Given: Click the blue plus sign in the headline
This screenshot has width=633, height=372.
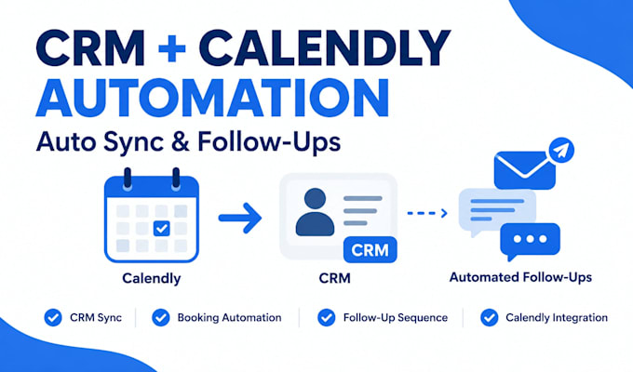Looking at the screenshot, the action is [x=171, y=48].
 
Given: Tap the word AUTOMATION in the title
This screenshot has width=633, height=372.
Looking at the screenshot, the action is [x=212, y=98].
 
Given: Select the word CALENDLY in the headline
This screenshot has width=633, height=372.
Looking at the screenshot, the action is [x=324, y=48].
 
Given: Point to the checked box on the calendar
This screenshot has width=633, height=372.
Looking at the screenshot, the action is [x=161, y=229].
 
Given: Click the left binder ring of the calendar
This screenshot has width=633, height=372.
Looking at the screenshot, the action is [x=128, y=178].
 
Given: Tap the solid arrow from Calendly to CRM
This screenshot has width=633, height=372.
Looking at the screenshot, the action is [x=240, y=218].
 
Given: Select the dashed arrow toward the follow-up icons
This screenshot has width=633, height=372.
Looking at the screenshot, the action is [x=427, y=213].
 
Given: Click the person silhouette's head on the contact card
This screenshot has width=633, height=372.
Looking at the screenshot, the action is [x=315, y=199].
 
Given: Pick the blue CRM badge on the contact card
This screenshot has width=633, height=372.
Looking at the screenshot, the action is [x=370, y=250].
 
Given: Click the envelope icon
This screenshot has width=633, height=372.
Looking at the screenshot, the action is [x=524, y=170].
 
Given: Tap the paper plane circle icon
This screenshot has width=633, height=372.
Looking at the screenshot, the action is [x=561, y=150].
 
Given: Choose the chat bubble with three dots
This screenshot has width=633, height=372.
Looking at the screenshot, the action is [x=530, y=242].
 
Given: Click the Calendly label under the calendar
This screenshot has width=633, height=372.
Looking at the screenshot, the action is [x=152, y=278].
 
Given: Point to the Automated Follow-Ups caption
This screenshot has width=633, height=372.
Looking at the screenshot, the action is [x=520, y=277].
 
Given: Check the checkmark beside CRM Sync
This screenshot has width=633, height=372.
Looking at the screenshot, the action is [x=53, y=317].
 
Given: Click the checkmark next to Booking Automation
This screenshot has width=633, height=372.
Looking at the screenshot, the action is [x=161, y=317].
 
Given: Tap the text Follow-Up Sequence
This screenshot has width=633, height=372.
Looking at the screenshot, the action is [x=396, y=317].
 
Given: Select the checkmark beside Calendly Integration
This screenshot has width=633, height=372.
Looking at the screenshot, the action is [x=490, y=317].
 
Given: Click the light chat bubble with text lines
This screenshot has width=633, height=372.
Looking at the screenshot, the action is [x=497, y=210].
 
